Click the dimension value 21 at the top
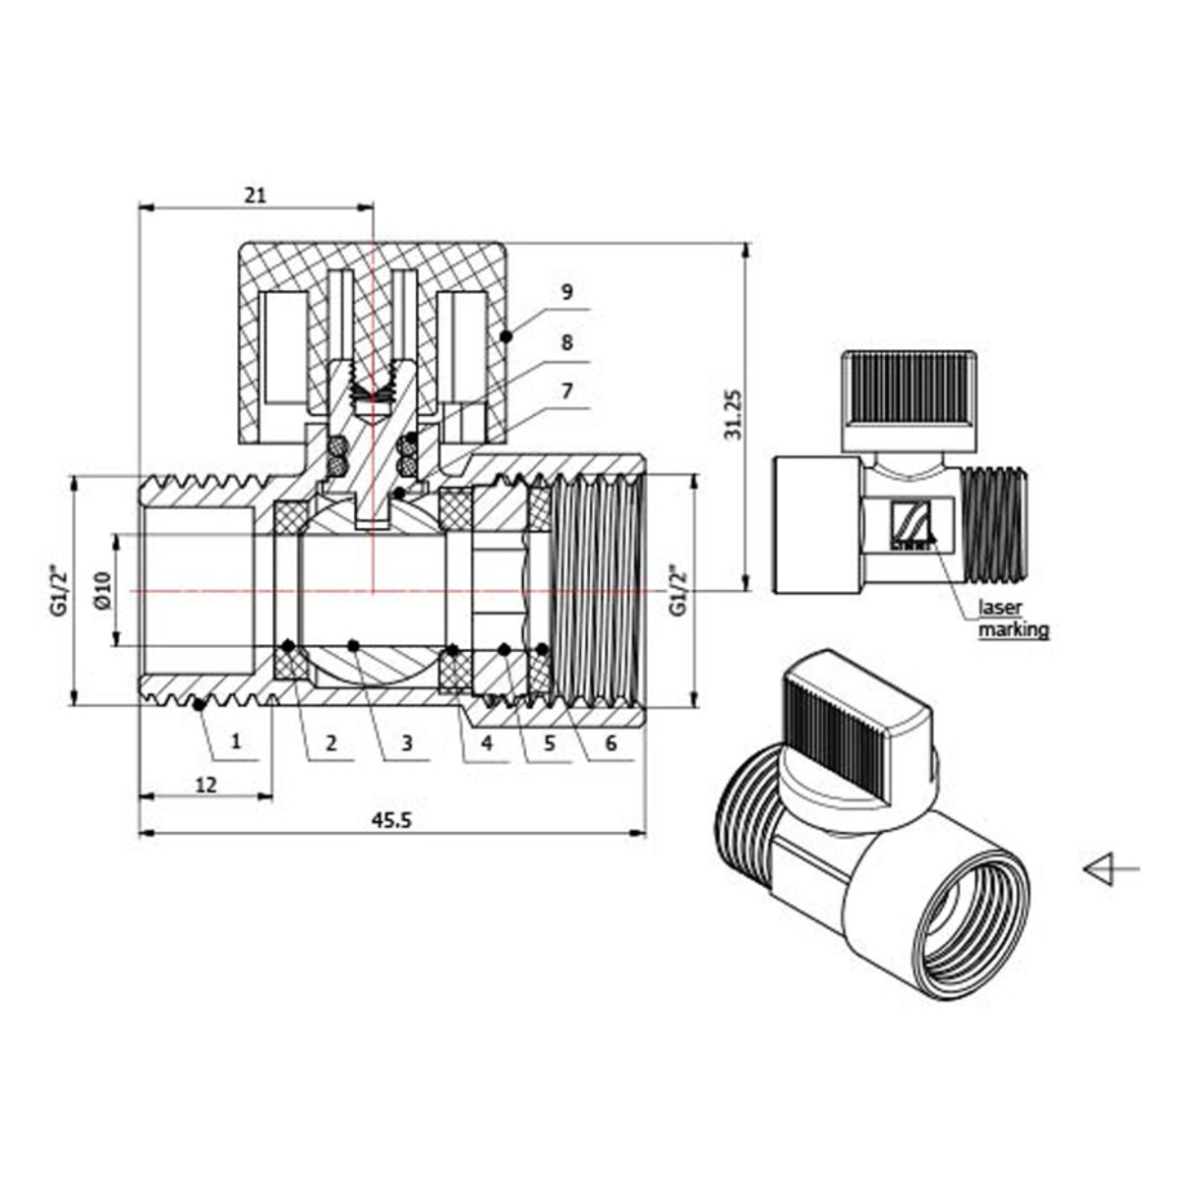point(256,195)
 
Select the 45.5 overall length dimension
point(392,820)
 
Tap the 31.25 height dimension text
point(733,415)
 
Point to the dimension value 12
point(206,785)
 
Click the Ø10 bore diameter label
point(101,590)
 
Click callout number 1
point(236,741)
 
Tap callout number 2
point(330,743)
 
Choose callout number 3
point(406,743)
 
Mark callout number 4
point(487,743)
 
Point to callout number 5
point(550,743)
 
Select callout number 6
point(611,743)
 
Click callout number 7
point(566,390)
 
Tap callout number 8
point(566,342)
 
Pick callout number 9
point(566,292)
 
